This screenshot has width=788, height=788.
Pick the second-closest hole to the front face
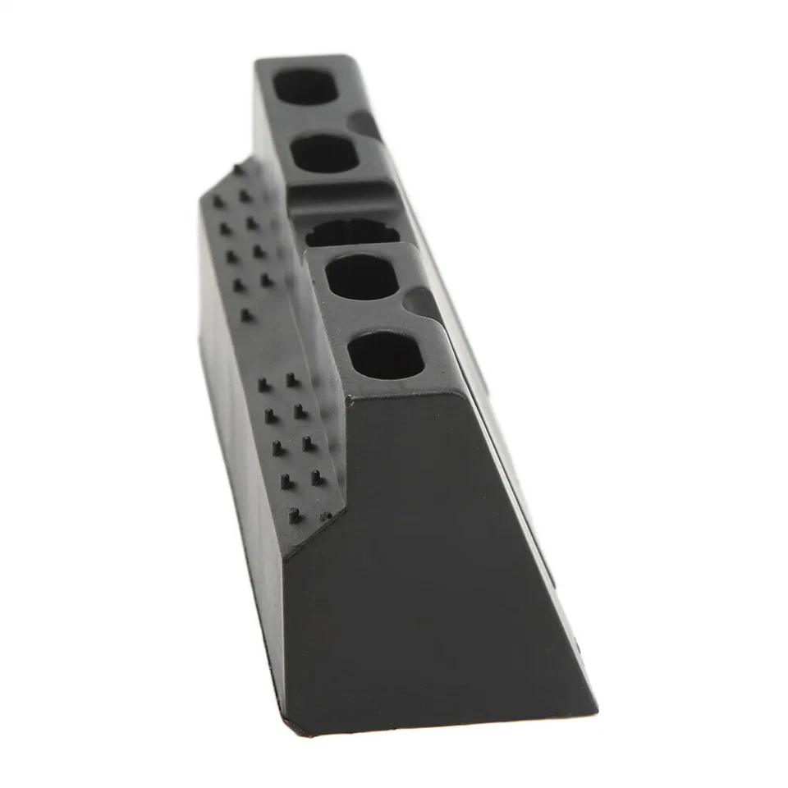363,279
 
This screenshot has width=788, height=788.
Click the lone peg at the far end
237,170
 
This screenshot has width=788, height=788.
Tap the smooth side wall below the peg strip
238,460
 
